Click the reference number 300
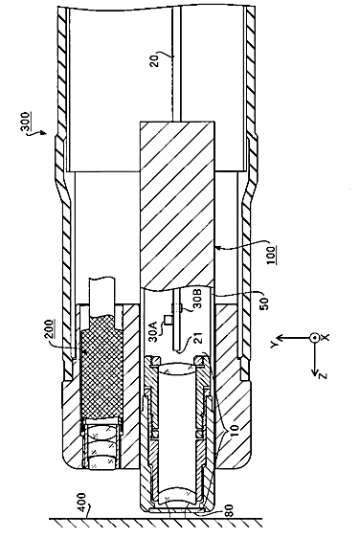pyautogui.click(x=25, y=122)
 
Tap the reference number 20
pyautogui.click(x=155, y=59)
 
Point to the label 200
pyautogui.click(x=50, y=329)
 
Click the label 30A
pyautogui.click(x=153, y=331)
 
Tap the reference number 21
pyautogui.click(x=198, y=338)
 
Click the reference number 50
pyautogui.click(x=265, y=303)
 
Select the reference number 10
pyautogui.click(x=234, y=430)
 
